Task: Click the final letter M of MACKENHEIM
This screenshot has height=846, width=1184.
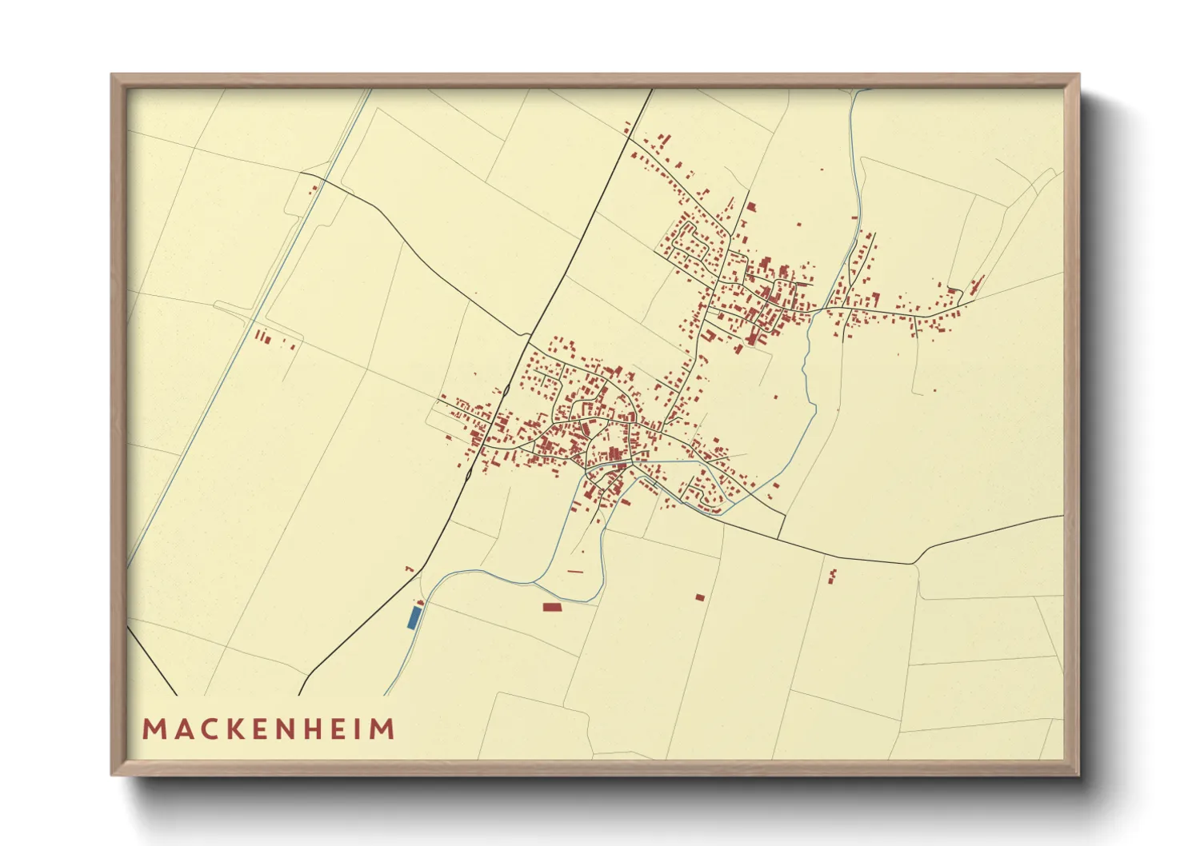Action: coord(384,729)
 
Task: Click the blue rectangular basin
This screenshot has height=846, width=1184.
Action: coord(414,617)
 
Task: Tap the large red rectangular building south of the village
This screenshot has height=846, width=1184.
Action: coord(553,608)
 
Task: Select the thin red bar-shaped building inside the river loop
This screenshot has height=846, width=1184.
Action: coord(575,571)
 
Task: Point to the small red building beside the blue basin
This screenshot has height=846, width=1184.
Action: coord(419,603)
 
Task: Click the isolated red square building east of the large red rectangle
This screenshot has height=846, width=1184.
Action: coord(700,597)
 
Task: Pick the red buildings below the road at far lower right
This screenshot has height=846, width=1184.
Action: coord(833,575)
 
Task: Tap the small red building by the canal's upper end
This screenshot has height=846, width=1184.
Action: coord(314,189)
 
